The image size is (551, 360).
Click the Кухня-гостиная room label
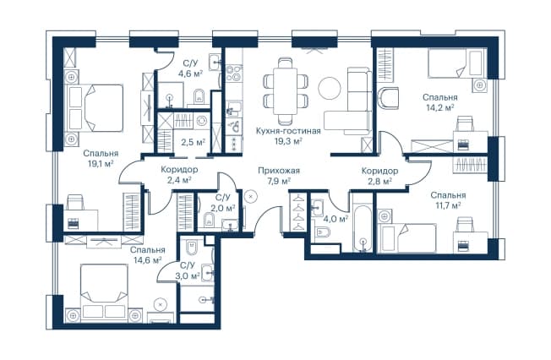tap(288, 131)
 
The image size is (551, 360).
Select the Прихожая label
tap(279, 171)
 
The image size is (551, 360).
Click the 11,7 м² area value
tap(448, 205)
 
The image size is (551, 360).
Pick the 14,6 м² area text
tap(148, 259)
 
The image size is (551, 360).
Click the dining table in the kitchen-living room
tap(286, 90)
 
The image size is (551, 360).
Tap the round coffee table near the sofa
tap(330, 88)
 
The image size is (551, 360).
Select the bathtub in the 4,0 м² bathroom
tap(363, 228)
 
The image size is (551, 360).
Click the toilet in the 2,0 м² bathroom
tap(210, 219)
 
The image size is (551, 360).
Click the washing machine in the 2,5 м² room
tap(201, 121)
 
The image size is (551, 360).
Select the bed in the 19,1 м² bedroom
tap(94, 108)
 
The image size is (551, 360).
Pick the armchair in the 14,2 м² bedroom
tap(388, 98)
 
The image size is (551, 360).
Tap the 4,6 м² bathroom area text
tap(192, 74)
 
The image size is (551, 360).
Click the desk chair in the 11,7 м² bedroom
tap(466, 224)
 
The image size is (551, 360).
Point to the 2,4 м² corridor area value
tap(179, 180)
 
